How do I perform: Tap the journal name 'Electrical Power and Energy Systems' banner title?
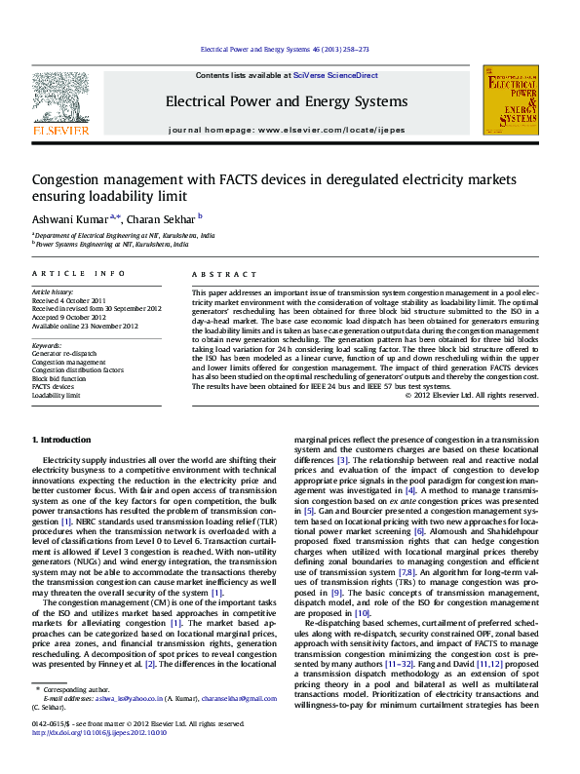point(287,102)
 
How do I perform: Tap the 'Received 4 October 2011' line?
point(67,299)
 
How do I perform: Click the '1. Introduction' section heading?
point(62,442)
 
